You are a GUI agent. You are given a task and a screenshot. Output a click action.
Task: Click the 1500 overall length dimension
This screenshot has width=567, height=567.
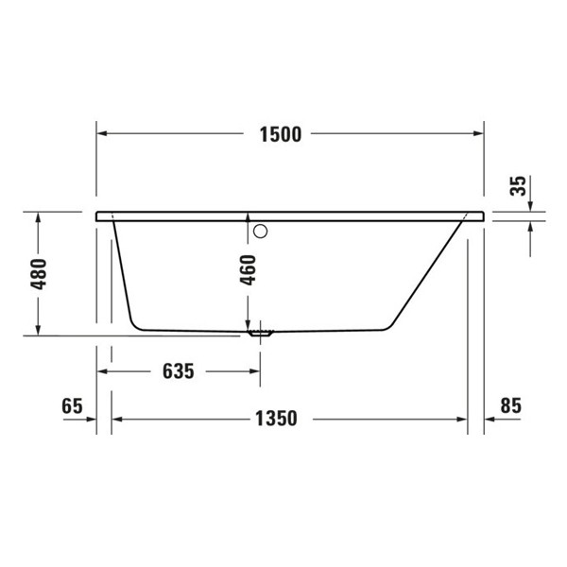pos(281,134)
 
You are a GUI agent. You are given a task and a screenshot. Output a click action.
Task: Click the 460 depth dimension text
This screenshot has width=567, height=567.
pos(249,270)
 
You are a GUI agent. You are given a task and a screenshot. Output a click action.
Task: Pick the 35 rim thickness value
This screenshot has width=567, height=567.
pos(518,185)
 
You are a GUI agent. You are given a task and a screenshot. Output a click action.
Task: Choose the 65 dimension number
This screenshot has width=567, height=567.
pos(72,405)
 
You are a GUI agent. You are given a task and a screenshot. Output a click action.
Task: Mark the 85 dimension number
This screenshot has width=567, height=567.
pos(510,405)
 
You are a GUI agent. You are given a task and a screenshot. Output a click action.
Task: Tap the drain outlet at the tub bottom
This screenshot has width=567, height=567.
pos(259,333)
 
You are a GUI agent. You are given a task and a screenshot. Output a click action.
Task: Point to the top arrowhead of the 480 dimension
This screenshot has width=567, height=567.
pos(38,217)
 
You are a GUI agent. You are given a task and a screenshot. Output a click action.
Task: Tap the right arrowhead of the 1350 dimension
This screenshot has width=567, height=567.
pos(462,417)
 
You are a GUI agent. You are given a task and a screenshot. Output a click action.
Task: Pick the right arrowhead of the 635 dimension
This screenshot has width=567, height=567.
pos(254,370)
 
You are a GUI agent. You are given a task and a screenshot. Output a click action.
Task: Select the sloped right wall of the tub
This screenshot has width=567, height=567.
pos(425,274)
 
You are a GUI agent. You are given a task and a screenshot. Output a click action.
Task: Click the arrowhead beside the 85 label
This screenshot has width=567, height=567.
pos(490,417)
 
